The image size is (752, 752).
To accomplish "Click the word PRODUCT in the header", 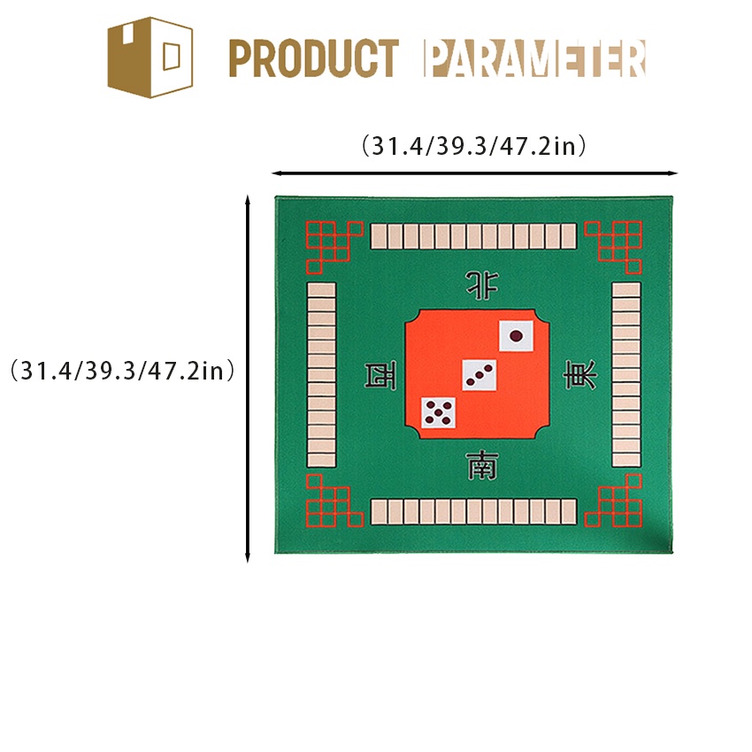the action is tap(314, 58).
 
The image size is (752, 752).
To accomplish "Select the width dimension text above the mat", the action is tap(474, 146).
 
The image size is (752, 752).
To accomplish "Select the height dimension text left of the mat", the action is tap(122, 370).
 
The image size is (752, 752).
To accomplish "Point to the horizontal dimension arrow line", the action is tap(474, 173).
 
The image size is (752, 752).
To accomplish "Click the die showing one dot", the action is tap(517, 337).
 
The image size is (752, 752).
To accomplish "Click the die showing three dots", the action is tap(479, 375).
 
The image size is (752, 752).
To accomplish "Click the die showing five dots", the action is tap(438, 412).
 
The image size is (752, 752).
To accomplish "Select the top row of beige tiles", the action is tap(473, 235).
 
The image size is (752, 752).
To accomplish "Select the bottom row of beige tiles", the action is tap(473, 511).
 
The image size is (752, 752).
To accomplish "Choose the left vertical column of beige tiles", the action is tap(321, 375).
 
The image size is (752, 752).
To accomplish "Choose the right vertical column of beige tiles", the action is tap(625, 375).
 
